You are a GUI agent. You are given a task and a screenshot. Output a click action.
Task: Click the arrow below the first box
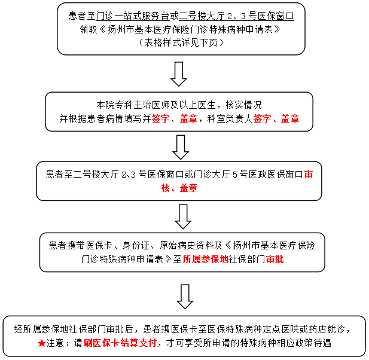179,74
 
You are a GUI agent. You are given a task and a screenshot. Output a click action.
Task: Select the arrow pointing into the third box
181,147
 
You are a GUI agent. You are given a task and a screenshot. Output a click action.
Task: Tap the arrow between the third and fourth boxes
183,216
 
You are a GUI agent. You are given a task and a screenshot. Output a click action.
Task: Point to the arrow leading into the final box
185,297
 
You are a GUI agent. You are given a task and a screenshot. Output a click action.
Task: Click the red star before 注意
41,343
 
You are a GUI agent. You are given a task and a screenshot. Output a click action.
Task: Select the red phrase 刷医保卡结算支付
120,343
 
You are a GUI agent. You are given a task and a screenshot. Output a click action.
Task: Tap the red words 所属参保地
206,260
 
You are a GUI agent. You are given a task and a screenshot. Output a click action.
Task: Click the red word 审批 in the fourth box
275,260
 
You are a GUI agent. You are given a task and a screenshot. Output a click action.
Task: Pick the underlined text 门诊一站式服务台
133,16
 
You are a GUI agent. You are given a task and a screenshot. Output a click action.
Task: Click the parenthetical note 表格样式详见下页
181,42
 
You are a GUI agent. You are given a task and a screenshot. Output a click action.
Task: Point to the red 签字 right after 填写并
161,118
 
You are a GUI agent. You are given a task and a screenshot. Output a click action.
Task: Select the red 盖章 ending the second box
290,118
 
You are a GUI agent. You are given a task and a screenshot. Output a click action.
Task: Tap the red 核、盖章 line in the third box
179,188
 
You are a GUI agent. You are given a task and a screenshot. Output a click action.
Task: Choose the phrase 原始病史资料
187,245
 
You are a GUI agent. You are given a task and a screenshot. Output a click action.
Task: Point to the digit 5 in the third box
235,175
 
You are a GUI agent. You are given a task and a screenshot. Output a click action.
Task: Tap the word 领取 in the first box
89,29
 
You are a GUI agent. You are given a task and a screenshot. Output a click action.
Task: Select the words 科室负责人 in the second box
230,118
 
